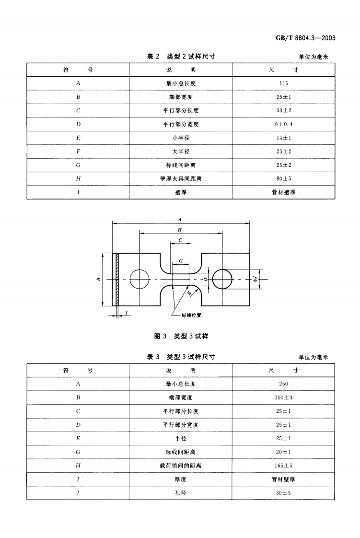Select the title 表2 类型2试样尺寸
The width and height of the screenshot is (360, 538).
[x=181, y=57]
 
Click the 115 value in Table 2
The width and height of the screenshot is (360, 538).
[x=283, y=83]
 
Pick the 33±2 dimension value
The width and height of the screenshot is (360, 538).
[x=283, y=111]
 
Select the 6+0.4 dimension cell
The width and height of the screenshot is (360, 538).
[x=283, y=124]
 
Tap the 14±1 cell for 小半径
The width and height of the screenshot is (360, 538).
[x=283, y=138]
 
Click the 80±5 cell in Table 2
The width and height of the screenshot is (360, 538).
[x=283, y=178]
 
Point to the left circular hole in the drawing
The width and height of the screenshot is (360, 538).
[x=139, y=279]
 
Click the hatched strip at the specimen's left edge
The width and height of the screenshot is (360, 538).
[x=116, y=279]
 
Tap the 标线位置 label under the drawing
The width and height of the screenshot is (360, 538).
[x=191, y=315]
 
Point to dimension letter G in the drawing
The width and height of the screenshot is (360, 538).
[x=180, y=260]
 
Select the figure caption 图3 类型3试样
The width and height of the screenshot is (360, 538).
[x=181, y=336]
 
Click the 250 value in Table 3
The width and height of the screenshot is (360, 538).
[x=283, y=384]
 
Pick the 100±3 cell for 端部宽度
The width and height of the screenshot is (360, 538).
[x=283, y=398]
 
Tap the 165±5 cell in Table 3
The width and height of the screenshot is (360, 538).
[x=283, y=465]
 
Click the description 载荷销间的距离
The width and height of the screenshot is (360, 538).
[x=181, y=465]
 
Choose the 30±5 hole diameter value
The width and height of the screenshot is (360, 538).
[x=283, y=492]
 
